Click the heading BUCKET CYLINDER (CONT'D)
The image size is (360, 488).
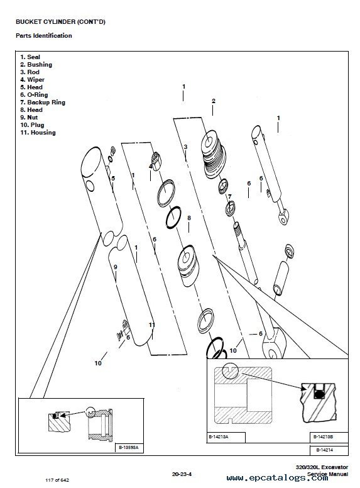[x=60, y=22]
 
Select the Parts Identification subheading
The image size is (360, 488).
[x=44, y=35]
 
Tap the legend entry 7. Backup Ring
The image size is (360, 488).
[x=43, y=103]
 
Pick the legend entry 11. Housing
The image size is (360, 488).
[x=38, y=133]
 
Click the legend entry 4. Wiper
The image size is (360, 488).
[x=32, y=80]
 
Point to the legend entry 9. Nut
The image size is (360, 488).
[x=29, y=118]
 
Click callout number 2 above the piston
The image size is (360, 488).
[x=213, y=101]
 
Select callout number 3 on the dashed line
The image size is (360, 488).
[x=185, y=147]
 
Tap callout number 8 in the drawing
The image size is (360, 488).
[x=188, y=218]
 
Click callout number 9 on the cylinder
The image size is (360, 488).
[x=116, y=267]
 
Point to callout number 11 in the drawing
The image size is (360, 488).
[x=151, y=325]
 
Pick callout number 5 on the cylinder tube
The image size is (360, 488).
[x=113, y=179]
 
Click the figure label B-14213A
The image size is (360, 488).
[x=218, y=437]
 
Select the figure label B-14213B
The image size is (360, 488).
[x=323, y=437]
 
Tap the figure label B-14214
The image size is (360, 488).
[x=325, y=450]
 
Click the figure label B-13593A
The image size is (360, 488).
[x=129, y=448]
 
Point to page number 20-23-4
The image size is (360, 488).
[x=182, y=474]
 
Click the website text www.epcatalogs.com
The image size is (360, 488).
[x=277, y=478]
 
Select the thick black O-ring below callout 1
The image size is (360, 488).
[x=173, y=217]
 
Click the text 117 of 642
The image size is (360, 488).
[x=57, y=480]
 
